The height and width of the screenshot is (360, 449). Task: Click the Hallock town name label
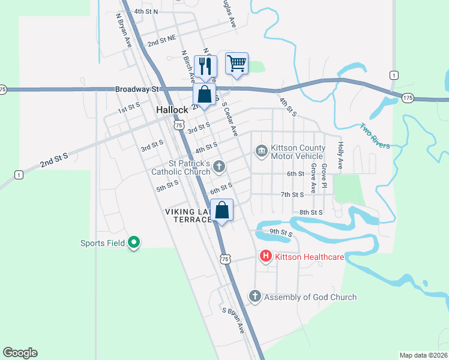tap(173, 110)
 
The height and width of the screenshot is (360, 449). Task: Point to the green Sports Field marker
tap(134, 242)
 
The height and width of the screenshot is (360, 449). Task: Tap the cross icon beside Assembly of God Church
tap(255, 296)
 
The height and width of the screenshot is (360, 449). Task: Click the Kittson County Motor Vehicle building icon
tap(261, 150)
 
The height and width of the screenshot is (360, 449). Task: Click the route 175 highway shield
tap(408, 97)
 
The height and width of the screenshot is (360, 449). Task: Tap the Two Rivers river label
tap(375, 136)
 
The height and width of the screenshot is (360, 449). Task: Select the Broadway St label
tap(137, 89)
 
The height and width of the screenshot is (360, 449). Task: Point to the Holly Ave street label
tap(340, 155)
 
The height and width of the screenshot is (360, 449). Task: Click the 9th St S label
tap(280, 232)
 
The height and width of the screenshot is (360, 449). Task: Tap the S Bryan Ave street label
tap(234, 320)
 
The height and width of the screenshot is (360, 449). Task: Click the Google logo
tap(20, 353)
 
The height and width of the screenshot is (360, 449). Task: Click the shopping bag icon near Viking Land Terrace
tap(221, 210)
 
